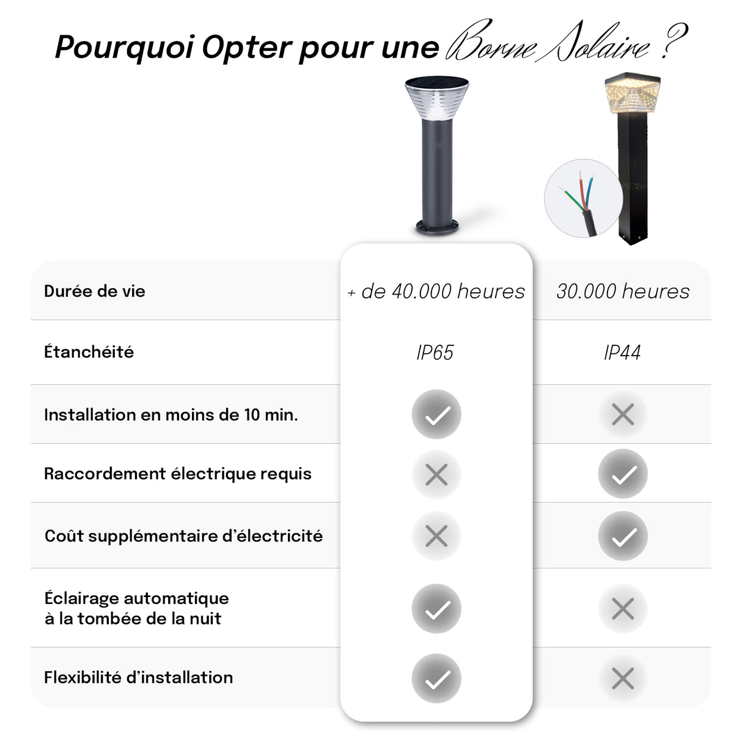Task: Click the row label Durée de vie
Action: [95, 291]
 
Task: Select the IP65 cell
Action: [435, 353]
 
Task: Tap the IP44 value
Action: [622, 353]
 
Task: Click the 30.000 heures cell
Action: [622, 291]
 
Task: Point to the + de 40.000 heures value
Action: [436, 292]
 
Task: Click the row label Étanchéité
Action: [89, 352]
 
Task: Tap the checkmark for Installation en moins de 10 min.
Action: [436, 414]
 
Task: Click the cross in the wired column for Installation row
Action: [623, 414]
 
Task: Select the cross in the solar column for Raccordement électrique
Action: [436, 474]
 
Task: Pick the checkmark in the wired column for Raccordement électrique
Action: [623, 474]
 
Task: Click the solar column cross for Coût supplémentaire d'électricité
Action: [436, 536]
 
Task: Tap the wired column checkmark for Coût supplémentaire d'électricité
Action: [623, 536]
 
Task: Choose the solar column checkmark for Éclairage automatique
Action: [436, 609]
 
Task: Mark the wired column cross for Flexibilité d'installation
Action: [623, 678]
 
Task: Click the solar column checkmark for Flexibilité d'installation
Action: [436, 678]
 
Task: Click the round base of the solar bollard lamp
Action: [436, 227]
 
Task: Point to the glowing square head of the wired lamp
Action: [632, 94]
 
